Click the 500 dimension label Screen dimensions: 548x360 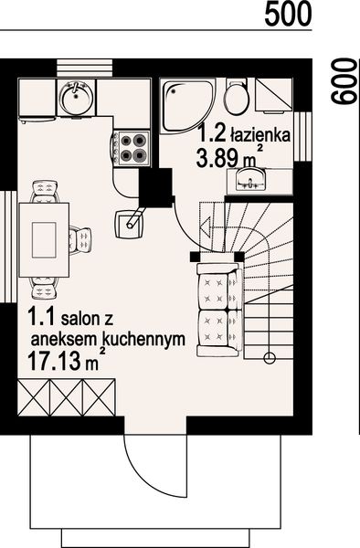290,13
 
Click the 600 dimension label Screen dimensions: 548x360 343,81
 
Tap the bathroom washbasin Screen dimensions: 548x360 248,177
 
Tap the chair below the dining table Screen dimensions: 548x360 42,288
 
